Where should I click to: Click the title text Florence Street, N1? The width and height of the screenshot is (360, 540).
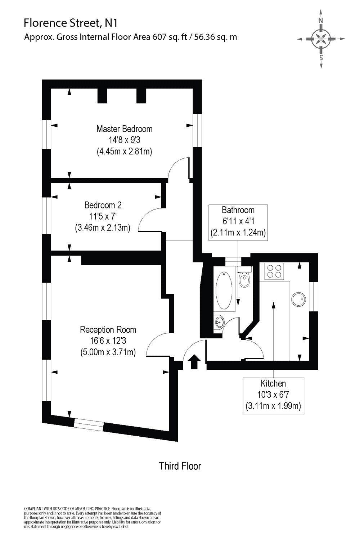pyautogui.click(x=71, y=24)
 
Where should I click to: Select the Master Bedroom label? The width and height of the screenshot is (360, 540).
pyautogui.click(x=124, y=129)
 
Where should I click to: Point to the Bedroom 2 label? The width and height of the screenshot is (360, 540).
pyautogui.click(x=103, y=205)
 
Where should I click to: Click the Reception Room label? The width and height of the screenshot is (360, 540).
pyautogui.click(x=108, y=329)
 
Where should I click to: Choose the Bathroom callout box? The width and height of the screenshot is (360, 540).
pyautogui.click(x=238, y=221)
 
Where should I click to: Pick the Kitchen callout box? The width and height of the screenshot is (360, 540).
pyautogui.click(x=273, y=395)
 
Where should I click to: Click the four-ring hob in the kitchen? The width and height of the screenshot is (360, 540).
pyautogui.click(x=274, y=271)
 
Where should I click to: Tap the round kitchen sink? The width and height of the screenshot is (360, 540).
pyautogui.click(x=298, y=299)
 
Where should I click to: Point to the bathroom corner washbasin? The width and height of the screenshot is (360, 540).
pyautogui.click(x=219, y=321)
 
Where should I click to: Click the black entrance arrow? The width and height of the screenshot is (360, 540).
pyautogui.click(x=194, y=361)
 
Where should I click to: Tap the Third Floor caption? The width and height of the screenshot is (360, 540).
pyautogui.click(x=180, y=466)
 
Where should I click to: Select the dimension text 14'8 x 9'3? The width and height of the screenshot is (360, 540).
pyautogui.click(x=124, y=140)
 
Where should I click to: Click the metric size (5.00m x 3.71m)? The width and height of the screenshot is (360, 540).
pyautogui.click(x=108, y=352)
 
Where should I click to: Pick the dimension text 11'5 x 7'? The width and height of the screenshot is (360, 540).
pyautogui.click(x=103, y=216)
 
